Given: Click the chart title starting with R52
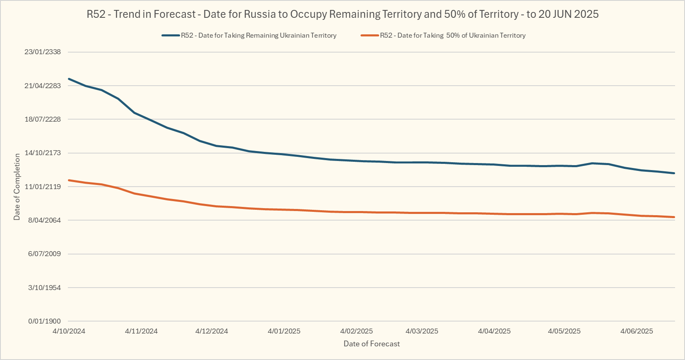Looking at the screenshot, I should [x=342, y=14].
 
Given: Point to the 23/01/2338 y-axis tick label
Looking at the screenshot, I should [x=43, y=52].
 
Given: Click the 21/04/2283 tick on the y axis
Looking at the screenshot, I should [x=43, y=86].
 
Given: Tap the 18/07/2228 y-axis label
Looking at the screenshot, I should [x=43, y=119].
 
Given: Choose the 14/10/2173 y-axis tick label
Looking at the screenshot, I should [x=43, y=153].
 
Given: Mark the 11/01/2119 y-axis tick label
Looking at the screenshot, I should [x=43, y=187].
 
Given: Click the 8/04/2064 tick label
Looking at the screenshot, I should [x=44, y=220].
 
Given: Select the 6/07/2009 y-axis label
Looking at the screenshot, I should [x=44, y=254].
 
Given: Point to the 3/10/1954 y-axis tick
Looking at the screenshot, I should [x=44, y=288].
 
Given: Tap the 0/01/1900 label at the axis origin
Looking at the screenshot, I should [x=44, y=321].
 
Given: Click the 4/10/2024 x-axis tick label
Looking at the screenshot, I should [x=69, y=331].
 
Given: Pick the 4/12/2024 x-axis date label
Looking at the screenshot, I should [x=212, y=331].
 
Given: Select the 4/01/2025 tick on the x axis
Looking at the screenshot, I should [x=284, y=331].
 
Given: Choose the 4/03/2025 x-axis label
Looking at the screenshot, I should [x=422, y=331].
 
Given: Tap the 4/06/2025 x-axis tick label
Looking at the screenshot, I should [x=637, y=331].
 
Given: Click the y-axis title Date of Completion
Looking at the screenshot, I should [x=17, y=187].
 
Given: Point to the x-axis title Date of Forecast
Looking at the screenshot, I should [x=372, y=344].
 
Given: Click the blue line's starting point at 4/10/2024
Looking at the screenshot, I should [x=69, y=79].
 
